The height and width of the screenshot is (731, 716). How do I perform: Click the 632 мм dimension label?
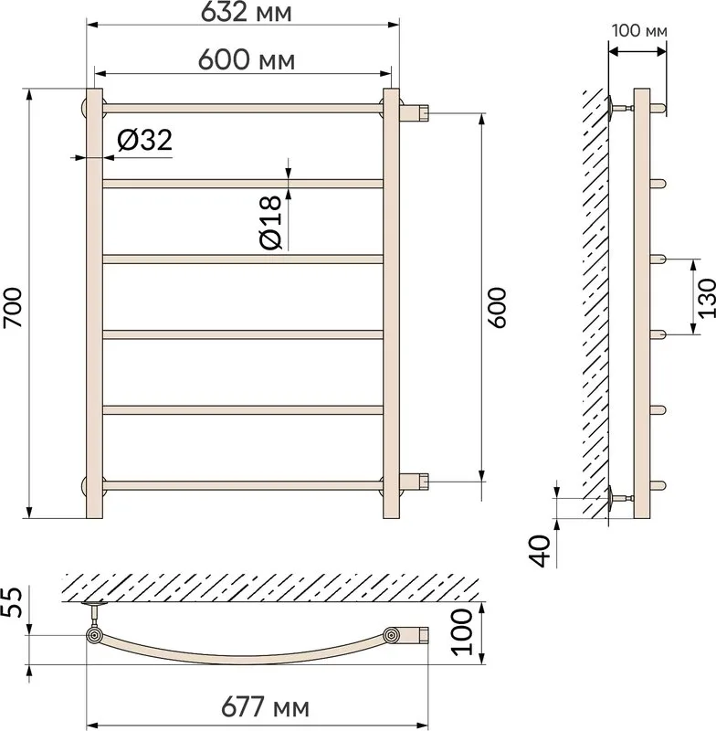(x=246, y=13)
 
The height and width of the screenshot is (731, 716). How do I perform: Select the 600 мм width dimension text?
(x=247, y=60)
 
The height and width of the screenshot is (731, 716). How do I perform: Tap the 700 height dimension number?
(x=13, y=307)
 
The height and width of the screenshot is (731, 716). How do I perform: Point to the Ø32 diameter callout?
(x=144, y=140)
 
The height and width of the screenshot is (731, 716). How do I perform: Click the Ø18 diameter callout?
(x=270, y=222)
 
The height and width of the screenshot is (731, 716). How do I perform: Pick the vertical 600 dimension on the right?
(x=497, y=308)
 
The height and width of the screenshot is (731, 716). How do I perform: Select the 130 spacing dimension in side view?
(x=706, y=298)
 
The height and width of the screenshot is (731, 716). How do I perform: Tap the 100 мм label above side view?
(x=639, y=31)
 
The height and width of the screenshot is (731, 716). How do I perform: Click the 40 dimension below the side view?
(x=540, y=551)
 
